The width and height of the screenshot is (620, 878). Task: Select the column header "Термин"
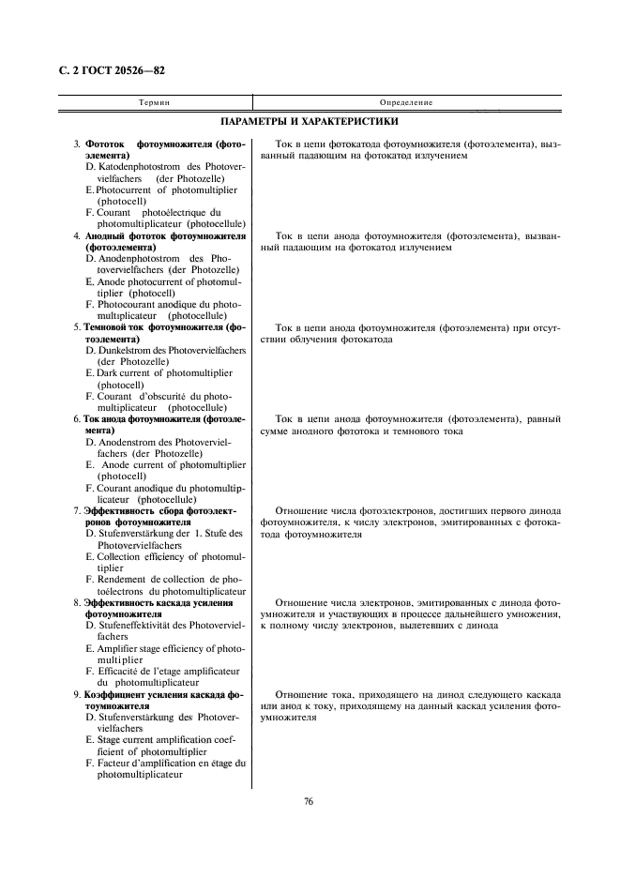coord(155,101)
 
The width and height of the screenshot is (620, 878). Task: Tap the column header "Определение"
coord(405,101)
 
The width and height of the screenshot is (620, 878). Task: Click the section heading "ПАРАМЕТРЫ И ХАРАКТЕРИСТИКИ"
coord(310,122)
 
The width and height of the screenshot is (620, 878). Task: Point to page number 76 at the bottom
coord(309,801)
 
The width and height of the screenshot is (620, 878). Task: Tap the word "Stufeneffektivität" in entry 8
coord(135,625)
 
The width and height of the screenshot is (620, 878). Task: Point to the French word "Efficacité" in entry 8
coord(121,671)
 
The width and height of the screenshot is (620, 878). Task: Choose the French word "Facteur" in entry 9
coord(114,764)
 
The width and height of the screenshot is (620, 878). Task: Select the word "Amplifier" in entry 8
coord(119,648)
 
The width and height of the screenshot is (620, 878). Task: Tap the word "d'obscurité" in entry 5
coord(164,396)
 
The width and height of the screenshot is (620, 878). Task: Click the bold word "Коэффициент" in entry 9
coord(111,694)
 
